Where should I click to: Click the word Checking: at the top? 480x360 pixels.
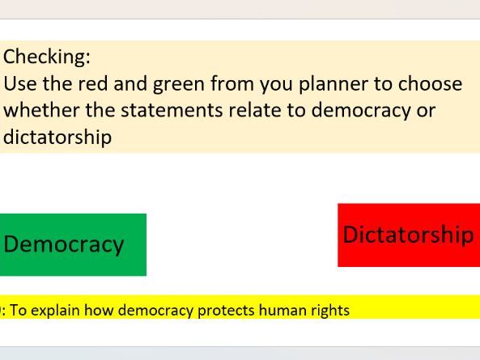[47, 57]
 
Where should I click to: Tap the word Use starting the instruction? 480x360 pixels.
[19, 83]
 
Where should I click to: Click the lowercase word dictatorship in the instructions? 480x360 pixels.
[57, 137]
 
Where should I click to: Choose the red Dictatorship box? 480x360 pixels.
[408, 235]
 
